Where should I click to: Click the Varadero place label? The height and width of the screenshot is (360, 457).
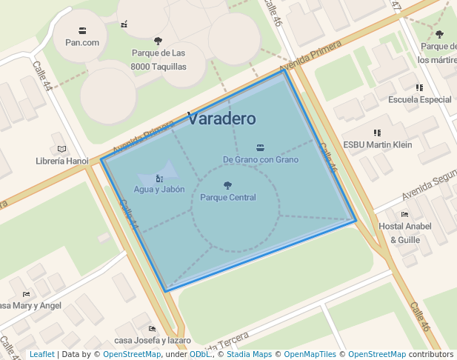click(x=221, y=119)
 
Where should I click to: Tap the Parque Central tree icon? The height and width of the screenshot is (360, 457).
click(x=227, y=185)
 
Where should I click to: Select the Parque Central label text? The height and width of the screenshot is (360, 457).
click(x=228, y=198)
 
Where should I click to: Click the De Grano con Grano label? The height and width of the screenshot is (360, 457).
click(x=260, y=159)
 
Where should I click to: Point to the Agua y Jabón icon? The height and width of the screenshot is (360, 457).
click(x=159, y=179)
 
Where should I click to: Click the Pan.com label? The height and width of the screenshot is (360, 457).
click(x=82, y=42)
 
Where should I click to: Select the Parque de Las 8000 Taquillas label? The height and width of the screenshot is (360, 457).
click(x=158, y=60)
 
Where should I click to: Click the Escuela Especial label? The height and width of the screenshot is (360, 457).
click(x=420, y=99)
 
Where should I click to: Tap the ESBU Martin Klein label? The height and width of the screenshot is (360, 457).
click(x=378, y=144)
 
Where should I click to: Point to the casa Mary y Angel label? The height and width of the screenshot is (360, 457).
click(x=30, y=305)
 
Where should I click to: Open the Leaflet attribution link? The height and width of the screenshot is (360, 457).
click(x=42, y=355)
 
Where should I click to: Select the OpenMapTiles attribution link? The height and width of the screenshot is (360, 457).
click(x=311, y=355)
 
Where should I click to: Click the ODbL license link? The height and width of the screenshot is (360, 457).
click(x=200, y=355)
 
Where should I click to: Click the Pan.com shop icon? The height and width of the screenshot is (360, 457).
click(x=82, y=30)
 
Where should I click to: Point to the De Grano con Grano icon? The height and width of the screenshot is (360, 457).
click(x=260, y=147)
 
